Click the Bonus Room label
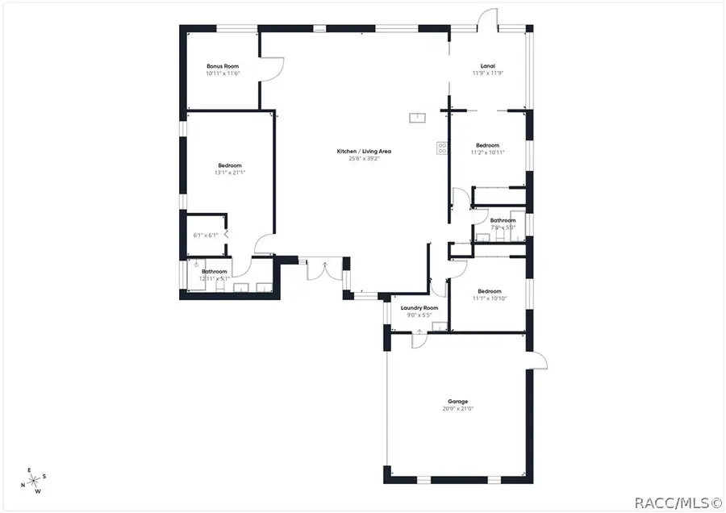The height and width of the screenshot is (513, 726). tap(223, 65)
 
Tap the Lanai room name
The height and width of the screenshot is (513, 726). tap(487, 65)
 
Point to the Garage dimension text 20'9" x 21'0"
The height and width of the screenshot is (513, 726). tap(458, 409)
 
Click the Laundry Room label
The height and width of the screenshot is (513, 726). tap(419, 307)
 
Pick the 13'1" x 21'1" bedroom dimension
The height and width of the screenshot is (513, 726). tap(230, 173)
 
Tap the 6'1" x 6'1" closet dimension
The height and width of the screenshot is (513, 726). tap(206, 236)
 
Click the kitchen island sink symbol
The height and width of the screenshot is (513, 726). tap(418, 119)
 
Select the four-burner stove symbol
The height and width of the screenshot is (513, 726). tap(442, 148)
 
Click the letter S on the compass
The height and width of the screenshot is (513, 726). tap(44, 476)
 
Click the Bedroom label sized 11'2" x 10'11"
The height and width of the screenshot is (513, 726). tap(487, 145)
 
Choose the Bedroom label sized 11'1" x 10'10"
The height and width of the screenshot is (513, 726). tap(489, 291)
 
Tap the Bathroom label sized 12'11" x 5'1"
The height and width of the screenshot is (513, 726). tap(215, 271)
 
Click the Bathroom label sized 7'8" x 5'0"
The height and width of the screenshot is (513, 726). tap(503, 220)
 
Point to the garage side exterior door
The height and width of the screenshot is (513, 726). tap(539, 361)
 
